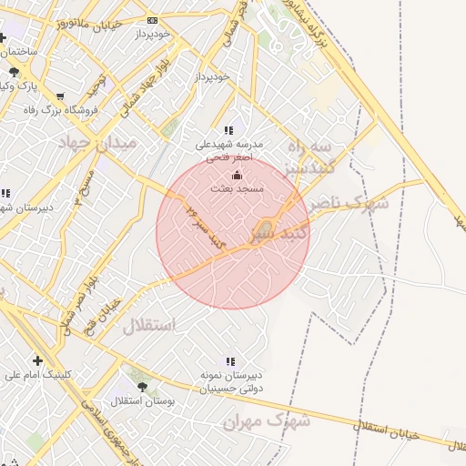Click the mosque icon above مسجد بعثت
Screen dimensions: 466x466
pyautogui.click(x=238, y=175)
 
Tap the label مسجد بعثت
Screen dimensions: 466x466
pyautogui.click(x=238, y=189)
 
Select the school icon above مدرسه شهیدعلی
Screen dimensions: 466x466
pyautogui.click(x=228, y=131)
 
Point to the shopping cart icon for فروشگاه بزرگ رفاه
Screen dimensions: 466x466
pyautogui.click(x=60, y=96)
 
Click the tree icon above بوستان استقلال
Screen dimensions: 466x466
pyautogui.click(x=141, y=387)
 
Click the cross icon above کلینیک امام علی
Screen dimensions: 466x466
pyautogui.click(x=36, y=360)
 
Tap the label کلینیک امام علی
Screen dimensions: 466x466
pyautogui.click(x=36, y=374)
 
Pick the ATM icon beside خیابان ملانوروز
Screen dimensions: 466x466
pyautogui.click(x=151, y=20)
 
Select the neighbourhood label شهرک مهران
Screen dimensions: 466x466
pyautogui.click(x=267, y=421)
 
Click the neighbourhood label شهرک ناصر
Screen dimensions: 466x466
pyautogui.click(x=348, y=202)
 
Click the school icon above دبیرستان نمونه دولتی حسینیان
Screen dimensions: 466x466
pyautogui.click(x=228, y=361)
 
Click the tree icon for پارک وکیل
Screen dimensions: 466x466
pyautogui.click(x=14, y=72)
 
